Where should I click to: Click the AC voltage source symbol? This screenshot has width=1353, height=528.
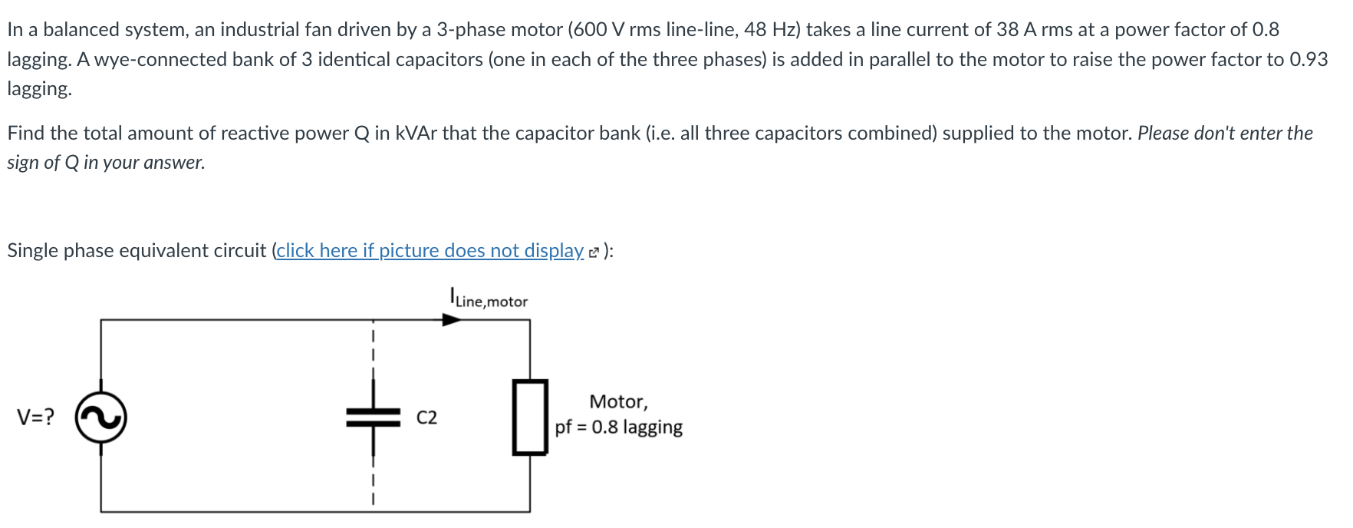[x=100, y=417]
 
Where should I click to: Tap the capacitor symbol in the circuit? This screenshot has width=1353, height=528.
[x=373, y=417]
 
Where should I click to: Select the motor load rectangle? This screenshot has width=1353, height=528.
[x=530, y=417]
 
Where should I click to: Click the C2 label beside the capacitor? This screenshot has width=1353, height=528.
[x=426, y=417]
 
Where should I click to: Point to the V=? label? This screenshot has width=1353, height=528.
[x=36, y=417]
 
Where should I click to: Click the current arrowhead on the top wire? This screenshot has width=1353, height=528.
[x=452, y=319]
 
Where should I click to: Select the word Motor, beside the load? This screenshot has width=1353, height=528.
[x=618, y=401]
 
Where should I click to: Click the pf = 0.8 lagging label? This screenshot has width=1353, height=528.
[x=619, y=427]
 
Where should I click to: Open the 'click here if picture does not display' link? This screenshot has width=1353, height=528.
[x=430, y=251]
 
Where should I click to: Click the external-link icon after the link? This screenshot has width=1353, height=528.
[x=594, y=252]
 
